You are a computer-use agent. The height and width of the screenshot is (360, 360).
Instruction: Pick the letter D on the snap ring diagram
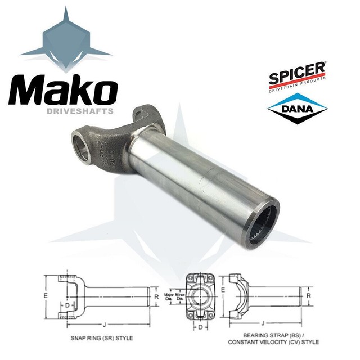[67, 304]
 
